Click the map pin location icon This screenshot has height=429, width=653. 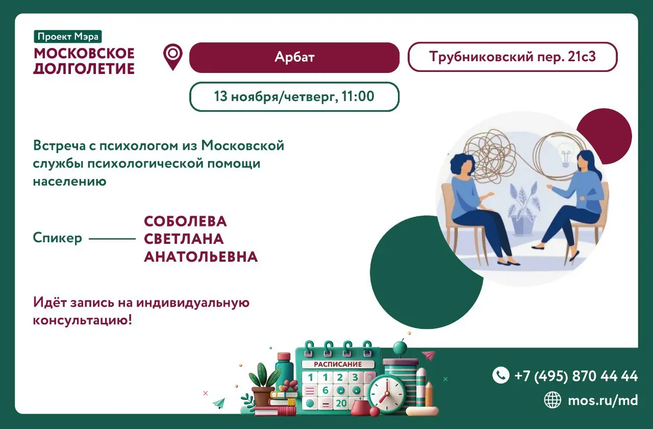pos(173,56)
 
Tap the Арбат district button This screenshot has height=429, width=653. pos(294,57)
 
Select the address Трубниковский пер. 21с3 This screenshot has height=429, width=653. pos(512,57)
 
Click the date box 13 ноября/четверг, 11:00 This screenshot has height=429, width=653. pos(294,96)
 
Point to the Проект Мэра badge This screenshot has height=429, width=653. pos(68,36)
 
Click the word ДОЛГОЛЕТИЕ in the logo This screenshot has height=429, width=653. pos(84,68)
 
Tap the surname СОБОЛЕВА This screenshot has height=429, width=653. pos(185,221)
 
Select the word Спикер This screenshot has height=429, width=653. pos(58,238)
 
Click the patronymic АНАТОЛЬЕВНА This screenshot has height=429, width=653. pos(200,257)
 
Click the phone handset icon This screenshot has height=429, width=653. pos(500,375)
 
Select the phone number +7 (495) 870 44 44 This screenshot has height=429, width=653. pos(576,376)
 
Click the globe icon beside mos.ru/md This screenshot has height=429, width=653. pos(552,400)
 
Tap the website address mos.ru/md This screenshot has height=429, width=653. pos(603,400)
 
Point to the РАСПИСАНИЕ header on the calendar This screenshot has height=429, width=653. pos(338,364)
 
